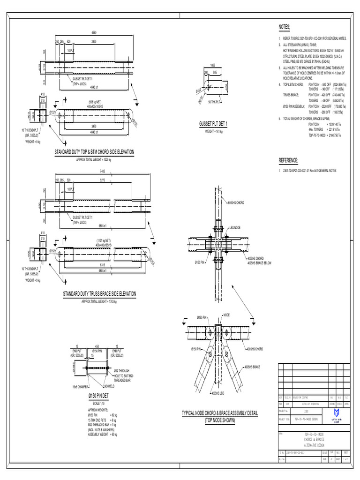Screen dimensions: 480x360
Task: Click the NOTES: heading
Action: pyautogui.click(x=285, y=27)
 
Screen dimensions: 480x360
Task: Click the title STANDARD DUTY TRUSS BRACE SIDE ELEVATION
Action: pyautogui.click(x=99, y=294)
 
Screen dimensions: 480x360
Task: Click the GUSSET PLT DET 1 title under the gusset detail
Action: pyautogui.click(x=213, y=123)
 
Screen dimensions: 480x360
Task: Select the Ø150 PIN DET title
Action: pyautogui.click(x=98, y=396)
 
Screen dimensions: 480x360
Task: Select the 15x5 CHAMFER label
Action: pyautogui.click(x=82, y=386)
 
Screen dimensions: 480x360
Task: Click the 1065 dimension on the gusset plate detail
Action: pyautogui.click(x=213, y=65)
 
